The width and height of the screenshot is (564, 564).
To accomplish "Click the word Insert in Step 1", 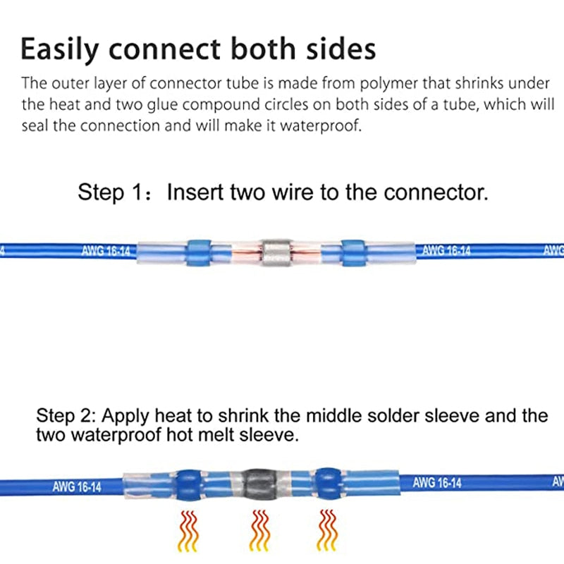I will click(195, 192).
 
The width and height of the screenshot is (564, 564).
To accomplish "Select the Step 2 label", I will click(64, 415).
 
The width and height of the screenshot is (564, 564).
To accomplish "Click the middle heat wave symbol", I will click(257, 530).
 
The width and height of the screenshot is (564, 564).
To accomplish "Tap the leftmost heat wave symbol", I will click(188, 530).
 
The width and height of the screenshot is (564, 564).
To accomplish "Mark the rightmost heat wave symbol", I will click(326, 530).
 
